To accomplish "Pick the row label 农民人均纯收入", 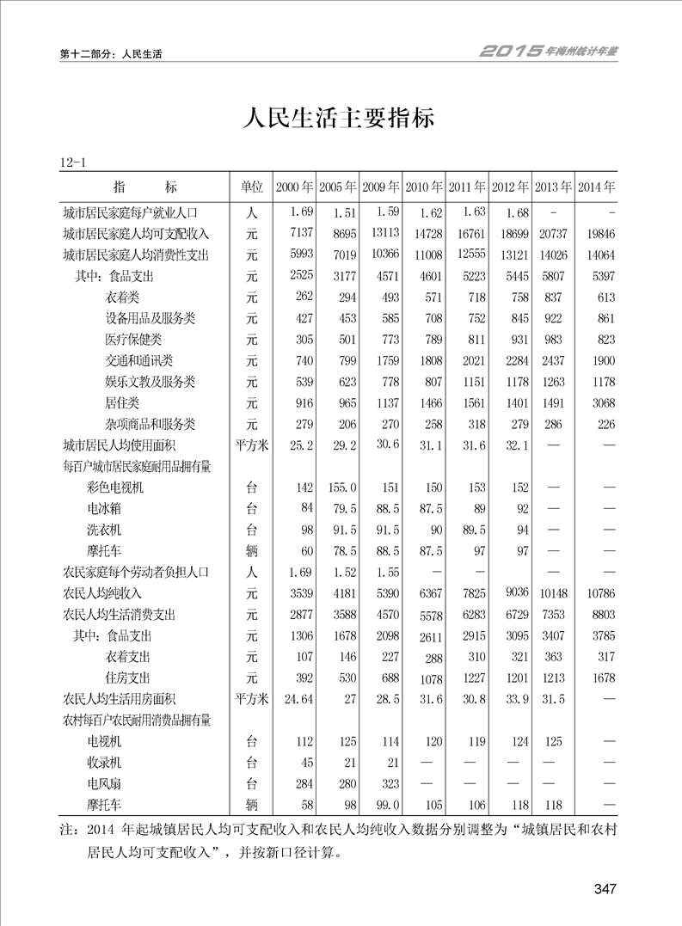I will (102, 593).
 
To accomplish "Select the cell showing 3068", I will (601, 402).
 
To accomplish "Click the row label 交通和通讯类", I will (138, 360).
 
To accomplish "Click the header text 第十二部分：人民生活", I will (112, 53).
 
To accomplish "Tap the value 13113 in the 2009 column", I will (383, 233).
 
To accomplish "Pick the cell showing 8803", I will (601, 615).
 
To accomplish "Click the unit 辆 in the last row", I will (251, 805).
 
